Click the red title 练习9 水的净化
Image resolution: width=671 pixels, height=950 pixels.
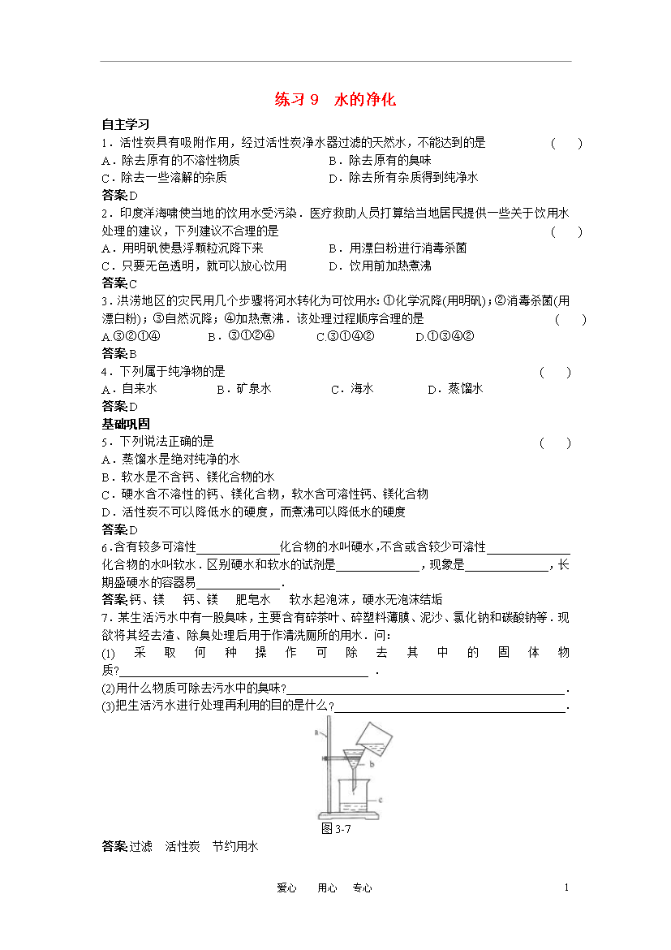tap(335, 100)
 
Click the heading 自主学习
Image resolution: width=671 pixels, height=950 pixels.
tap(125, 125)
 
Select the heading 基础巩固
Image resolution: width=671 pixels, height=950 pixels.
tap(125, 424)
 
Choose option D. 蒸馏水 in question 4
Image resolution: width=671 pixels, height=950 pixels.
tap(455, 389)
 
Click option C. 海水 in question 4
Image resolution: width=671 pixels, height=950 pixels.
tap(352, 389)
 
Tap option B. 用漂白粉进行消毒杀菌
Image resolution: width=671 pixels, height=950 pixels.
tap(398, 248)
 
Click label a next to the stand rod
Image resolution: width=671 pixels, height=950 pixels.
tap(315, 732)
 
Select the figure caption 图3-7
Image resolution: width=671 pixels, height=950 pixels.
tap(335, 828)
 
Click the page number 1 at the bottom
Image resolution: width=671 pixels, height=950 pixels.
tap(566, 887)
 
